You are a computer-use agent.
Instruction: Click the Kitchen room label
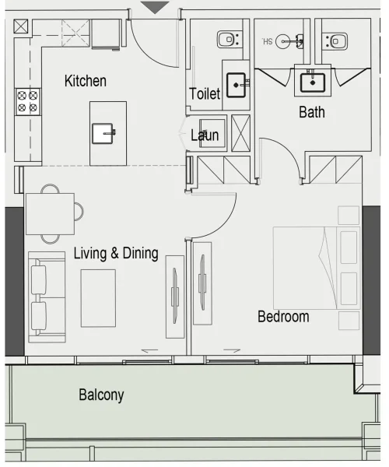tap(86, 81)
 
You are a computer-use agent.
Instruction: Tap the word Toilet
tap(205, 94)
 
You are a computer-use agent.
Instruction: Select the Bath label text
tap(311, 113)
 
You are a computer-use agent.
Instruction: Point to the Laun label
tap(205, 135)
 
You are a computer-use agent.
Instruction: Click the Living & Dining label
tap(116, 253)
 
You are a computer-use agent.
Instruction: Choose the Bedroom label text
tap(283, 317)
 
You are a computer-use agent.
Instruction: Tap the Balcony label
tap(101, 395)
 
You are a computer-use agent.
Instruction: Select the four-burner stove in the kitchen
tap(28, 101)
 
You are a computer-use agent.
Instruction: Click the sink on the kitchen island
tap(104, 133)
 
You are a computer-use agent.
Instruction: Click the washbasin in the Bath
tap(312, 80)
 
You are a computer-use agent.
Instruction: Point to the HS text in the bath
tap(268, 41)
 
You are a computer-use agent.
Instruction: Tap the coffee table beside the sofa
tap(98, 297)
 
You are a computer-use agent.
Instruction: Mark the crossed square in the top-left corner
tap(21, 26)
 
